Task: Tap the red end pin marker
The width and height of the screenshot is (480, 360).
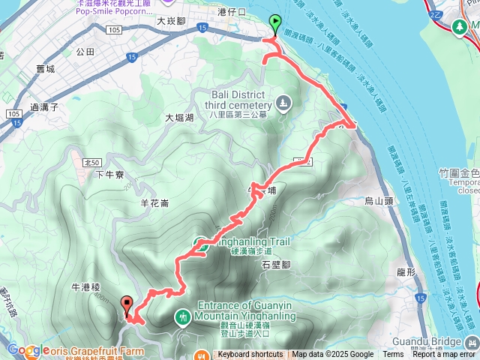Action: [x=127, y=306]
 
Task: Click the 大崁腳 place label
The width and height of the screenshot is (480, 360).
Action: [x=171, y=22]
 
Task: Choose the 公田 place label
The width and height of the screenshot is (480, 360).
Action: [x=85, y=52]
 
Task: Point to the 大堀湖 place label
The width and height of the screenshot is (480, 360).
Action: [x=179, y=118]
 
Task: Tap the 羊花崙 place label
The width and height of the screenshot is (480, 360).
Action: [x=154, y=203]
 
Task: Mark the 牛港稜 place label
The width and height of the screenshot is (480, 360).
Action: [x=85, y=287]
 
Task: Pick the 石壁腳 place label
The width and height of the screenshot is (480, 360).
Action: [x=277, y=265]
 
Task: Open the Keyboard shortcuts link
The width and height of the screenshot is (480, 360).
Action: [x=250, y=355]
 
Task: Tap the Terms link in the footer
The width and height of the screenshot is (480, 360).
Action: [x=393, y=355]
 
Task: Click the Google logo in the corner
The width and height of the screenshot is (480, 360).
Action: [x=25, y=350]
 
